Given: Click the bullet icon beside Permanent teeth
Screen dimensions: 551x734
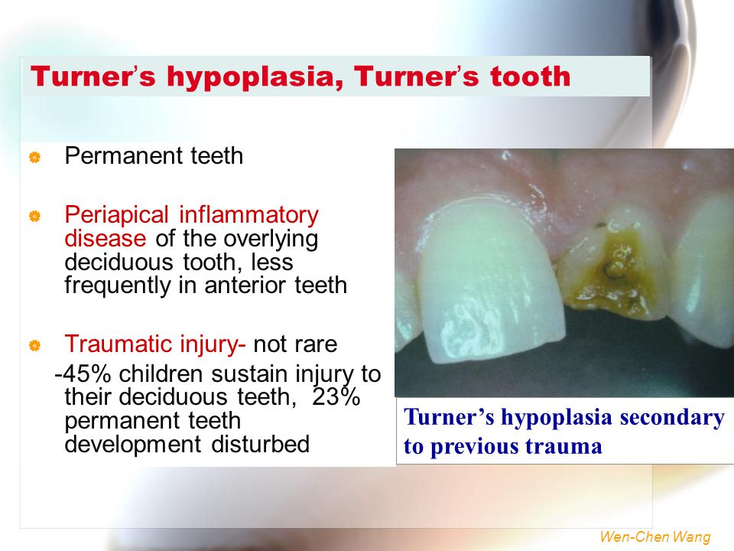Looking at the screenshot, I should pos(34,158).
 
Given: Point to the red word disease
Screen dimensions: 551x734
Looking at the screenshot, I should pos(105,238).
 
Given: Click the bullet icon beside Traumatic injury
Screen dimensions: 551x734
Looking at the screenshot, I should pos(34,347).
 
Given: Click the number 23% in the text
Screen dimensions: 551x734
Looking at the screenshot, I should pos(337,399).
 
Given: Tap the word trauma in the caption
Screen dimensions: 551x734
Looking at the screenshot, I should pos(565,446).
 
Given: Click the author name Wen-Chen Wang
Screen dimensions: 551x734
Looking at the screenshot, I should pos(655,537).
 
